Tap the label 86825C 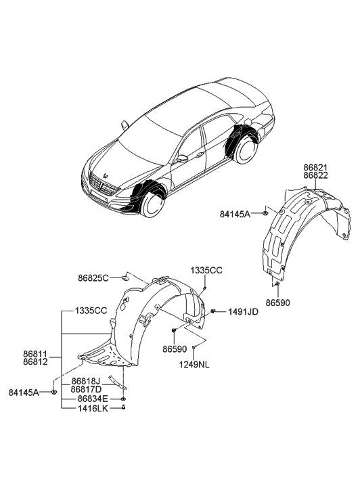point(93,277)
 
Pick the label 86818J point(85,381)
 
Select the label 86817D point(85,390)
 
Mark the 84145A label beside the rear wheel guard point(234,214)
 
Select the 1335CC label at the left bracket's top point(82,311)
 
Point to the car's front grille point(101,185)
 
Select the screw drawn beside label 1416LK point(124,409)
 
